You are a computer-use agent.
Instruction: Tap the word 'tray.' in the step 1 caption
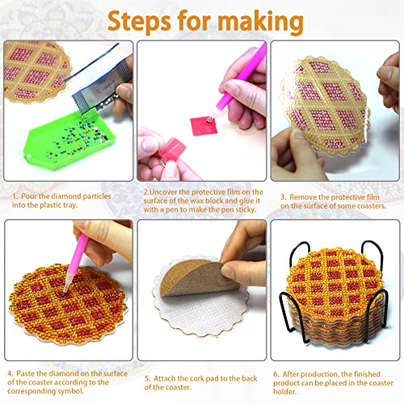coord(84,205)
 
